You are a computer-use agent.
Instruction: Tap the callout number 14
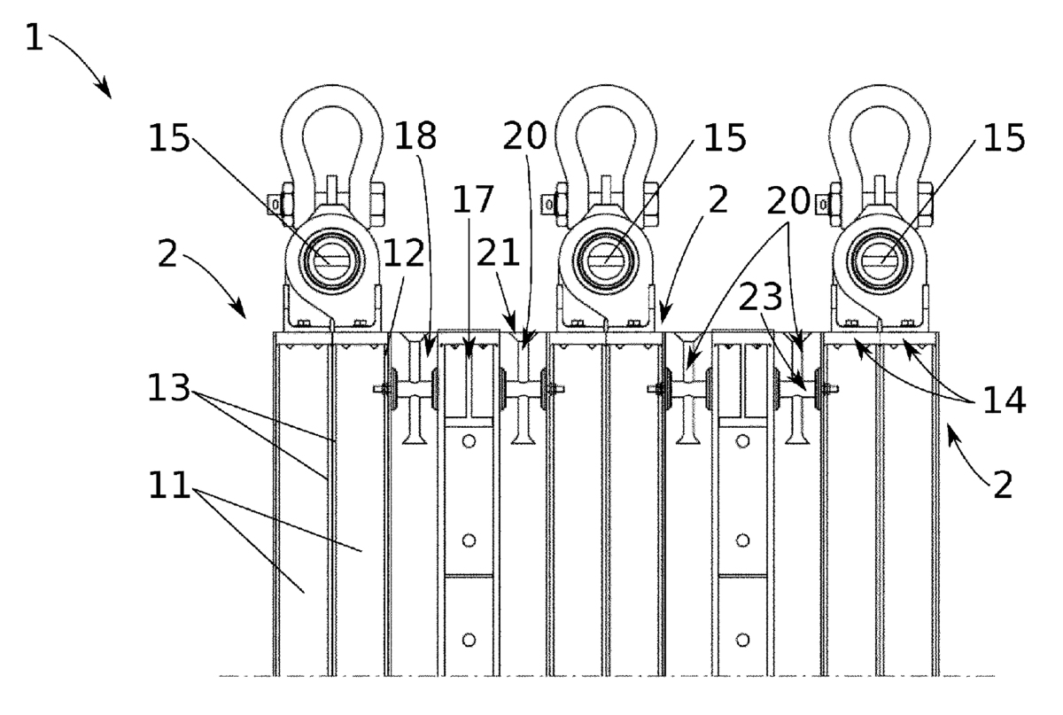(x=1001, y=400)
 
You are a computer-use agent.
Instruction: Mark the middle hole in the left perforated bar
(x=469, y=540)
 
